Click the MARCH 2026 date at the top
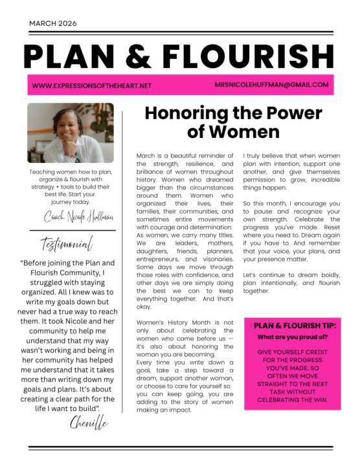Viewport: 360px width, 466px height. pos(52,23)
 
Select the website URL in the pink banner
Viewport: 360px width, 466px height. pos(91,85)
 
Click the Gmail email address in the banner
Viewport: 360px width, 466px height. pos(272,85)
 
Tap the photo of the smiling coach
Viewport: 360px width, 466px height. pos(70,133)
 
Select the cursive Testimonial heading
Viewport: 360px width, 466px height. pos(67,245)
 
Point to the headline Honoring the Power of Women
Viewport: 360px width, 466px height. pos(232,122)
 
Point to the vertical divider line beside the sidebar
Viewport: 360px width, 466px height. pos(122,272)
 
